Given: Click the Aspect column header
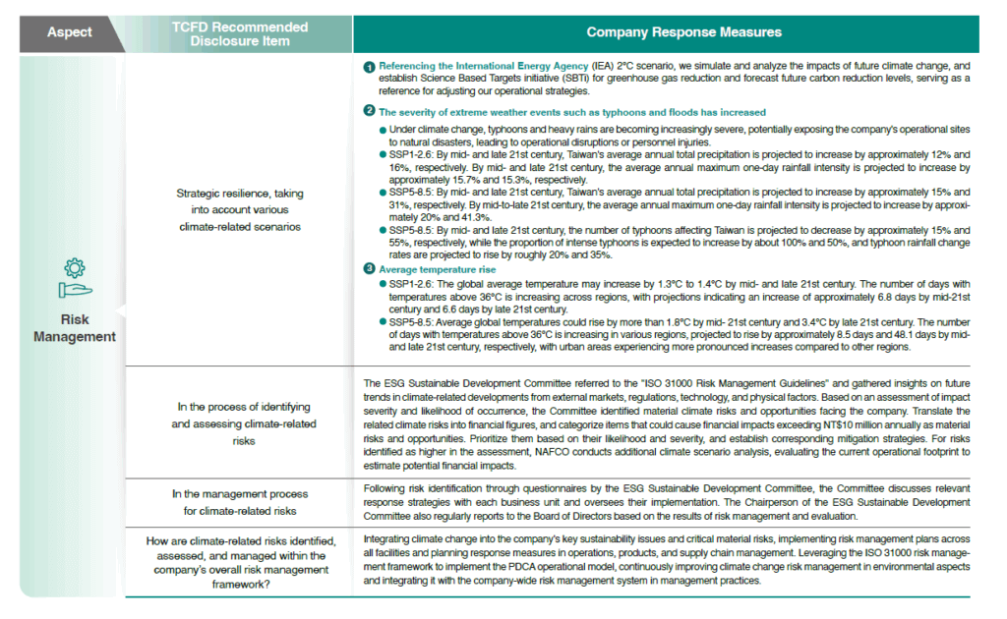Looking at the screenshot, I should [x=69, y=32].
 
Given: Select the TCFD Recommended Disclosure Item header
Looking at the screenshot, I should [x=240, y=33].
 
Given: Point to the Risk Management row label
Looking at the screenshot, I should [x=75, y=328].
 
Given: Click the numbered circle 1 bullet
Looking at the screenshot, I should [x=369, y=67].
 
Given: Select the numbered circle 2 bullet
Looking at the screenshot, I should [x=369, y=112].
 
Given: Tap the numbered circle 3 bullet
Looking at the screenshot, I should [x=369, y=269].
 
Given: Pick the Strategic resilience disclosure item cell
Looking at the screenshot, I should [x=239, y=209].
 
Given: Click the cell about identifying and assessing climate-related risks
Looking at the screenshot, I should [x=239, y=423].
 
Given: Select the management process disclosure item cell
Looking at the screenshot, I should [x=239, y=501].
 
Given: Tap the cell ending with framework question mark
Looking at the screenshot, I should [x=239, y=561].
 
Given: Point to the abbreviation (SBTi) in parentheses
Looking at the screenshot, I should [x=567, y=79].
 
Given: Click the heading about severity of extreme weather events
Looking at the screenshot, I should [x=571, y=112].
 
